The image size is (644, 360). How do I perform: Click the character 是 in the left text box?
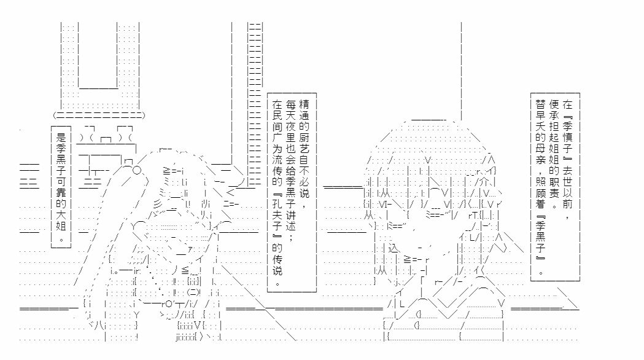(60, 138)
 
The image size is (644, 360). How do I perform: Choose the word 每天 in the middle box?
(291, 111)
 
